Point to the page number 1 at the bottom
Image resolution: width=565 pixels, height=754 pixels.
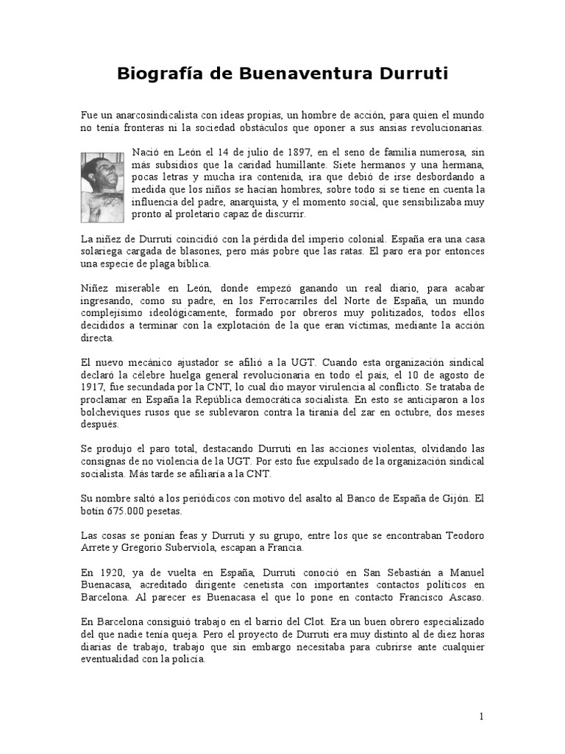481,716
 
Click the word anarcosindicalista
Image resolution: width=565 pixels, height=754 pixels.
150,116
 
